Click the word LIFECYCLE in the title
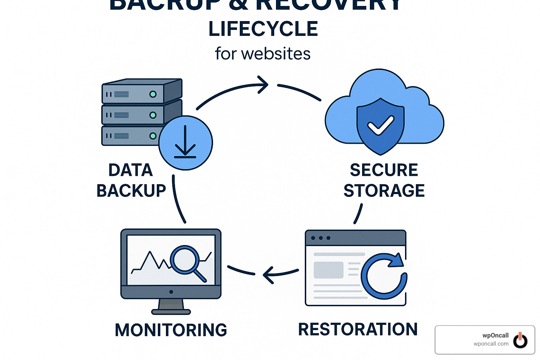263,29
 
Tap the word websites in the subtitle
276,54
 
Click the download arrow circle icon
185,143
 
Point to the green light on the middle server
153,115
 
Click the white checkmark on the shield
380,125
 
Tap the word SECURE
384,170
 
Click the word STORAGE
384,191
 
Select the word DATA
130,170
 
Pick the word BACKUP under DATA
131,191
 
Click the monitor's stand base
171,311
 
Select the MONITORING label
171,330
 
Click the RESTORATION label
358,329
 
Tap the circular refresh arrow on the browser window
384,276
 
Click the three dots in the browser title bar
321,238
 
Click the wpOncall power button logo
520,340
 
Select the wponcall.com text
491,344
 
